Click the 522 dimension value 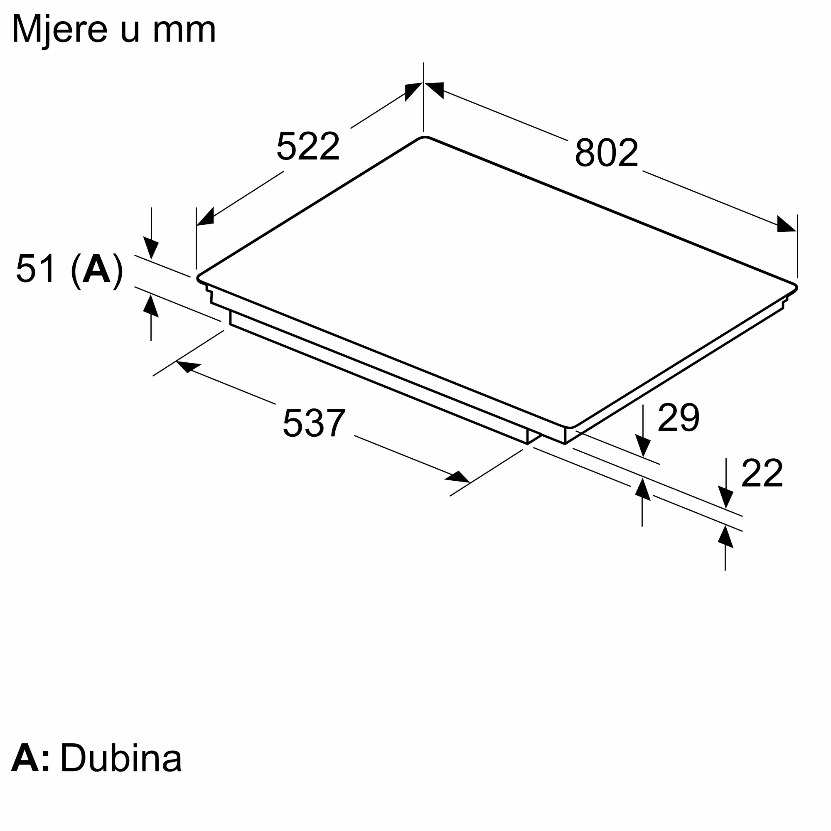(x=308, y=147)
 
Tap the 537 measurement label (x=314, y=423)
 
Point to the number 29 (x=679, y=417)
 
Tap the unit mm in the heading (x=184, y=33)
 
